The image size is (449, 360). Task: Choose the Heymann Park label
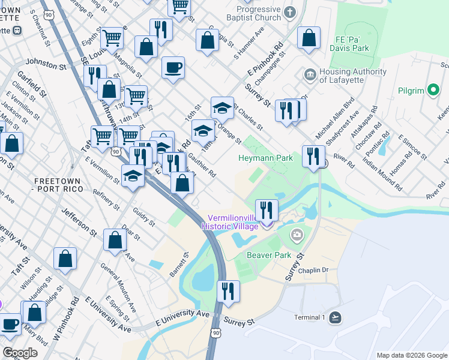[265, 158]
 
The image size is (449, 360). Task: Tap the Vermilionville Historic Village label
[233, 221]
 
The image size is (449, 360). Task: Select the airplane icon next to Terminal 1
[335, 317]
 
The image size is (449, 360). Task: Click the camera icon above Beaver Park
[297, 235]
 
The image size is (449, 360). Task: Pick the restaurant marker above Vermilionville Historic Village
[267, 211]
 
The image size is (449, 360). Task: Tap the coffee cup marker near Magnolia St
[173, 68]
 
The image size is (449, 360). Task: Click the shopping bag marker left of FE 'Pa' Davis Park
[309, 38]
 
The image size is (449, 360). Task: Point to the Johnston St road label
[46, 64]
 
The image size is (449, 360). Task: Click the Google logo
[20, 353]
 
